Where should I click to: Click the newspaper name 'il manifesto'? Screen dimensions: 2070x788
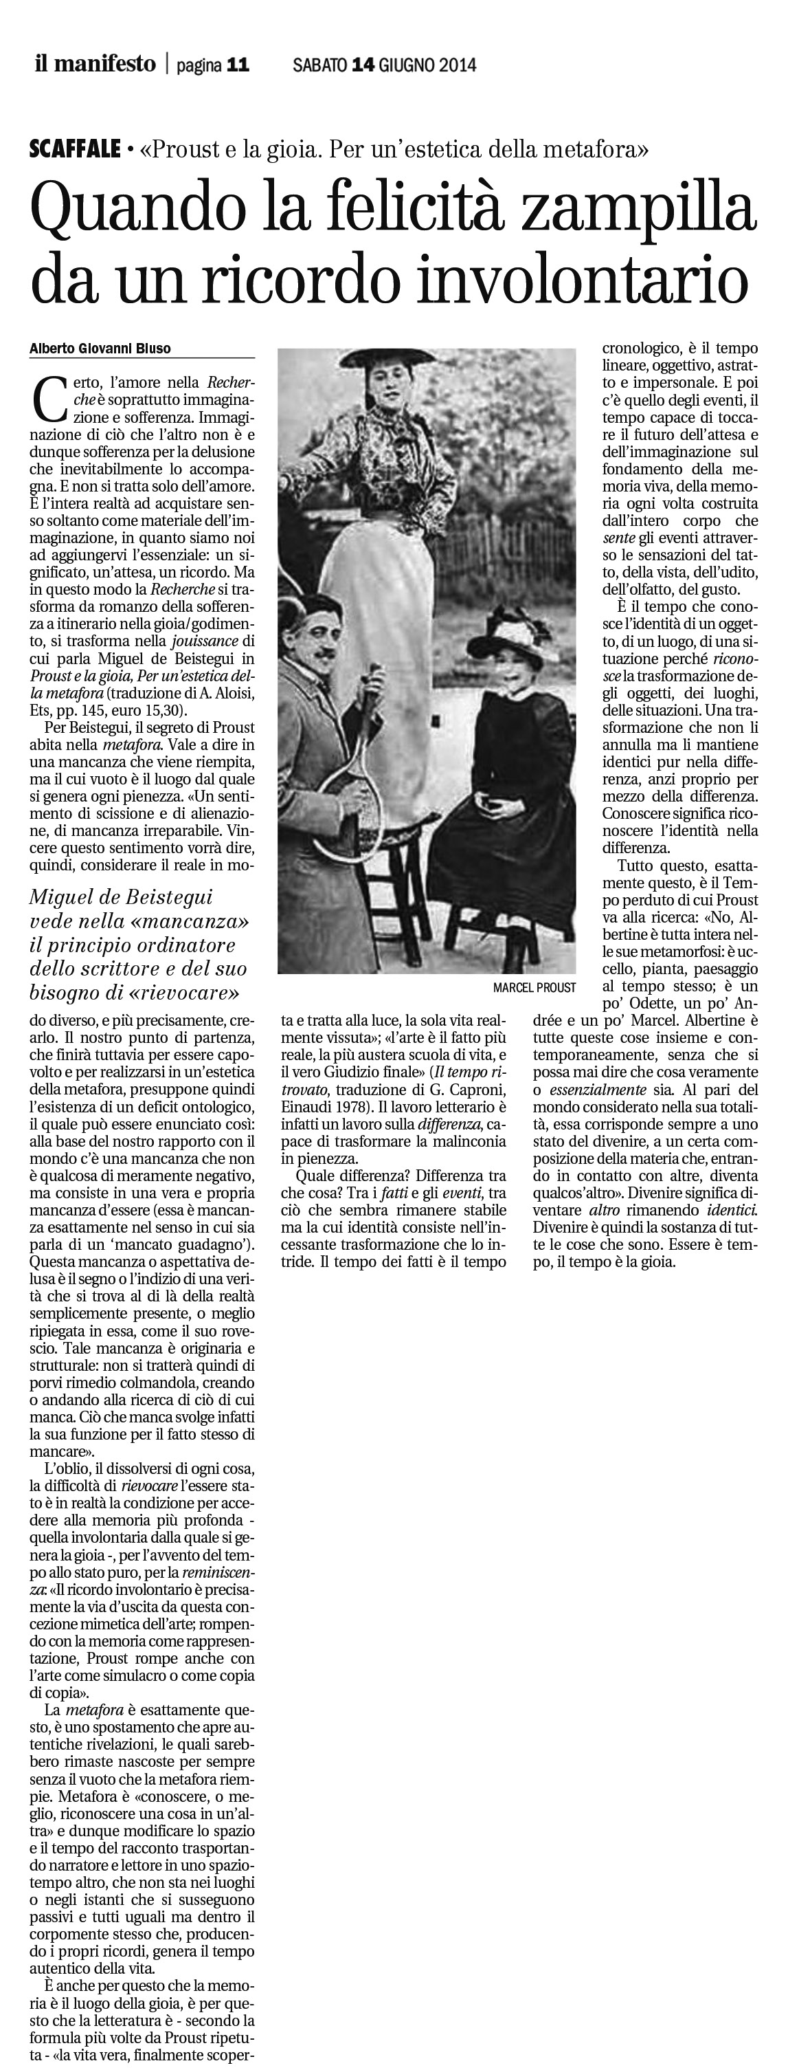point(94,63)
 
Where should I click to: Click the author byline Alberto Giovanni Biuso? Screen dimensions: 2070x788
point(100,349)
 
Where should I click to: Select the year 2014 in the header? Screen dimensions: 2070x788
point(457,65)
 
